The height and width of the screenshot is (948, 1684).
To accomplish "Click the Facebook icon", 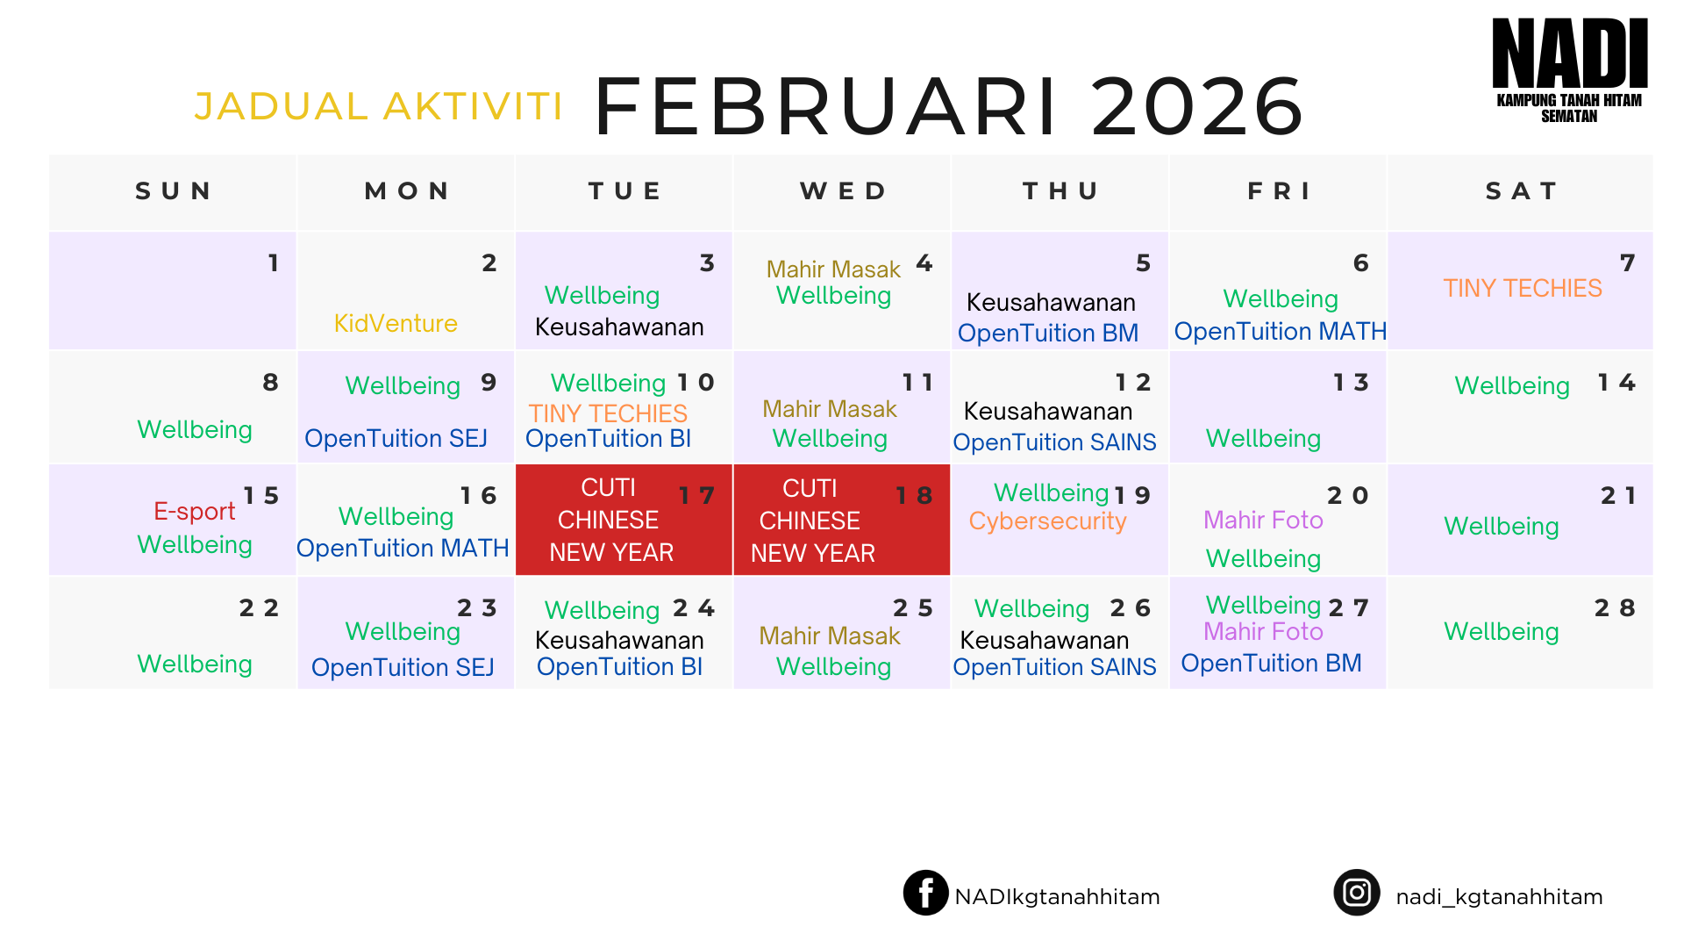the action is [925, 893].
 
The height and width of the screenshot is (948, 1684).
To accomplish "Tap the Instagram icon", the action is [1356, 893].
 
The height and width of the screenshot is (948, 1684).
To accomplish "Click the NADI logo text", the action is [1569, 54].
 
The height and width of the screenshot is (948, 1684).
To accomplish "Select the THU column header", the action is [1060, 191].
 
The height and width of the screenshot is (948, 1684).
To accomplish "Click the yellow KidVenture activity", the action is [396, 323].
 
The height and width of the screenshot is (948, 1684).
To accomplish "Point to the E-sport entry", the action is [194, 511].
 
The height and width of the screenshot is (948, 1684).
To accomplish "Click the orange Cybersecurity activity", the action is [1047, 521].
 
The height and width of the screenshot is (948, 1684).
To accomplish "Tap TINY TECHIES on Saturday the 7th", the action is [1523, 288].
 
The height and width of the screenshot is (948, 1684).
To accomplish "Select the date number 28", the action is [1615, 607].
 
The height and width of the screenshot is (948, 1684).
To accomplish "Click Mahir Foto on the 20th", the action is [1263, 520].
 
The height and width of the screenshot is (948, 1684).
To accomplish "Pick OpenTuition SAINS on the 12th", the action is [1054, 442].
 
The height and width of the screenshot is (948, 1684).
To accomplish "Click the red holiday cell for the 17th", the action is [624, 520].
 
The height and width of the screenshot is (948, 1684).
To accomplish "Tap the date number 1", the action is [274, 262].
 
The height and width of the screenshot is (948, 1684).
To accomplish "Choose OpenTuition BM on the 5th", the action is [1047, 333].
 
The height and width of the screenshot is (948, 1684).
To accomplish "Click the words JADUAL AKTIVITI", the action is [378, 106].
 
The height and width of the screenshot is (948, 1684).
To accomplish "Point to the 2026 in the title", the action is [1197, 106].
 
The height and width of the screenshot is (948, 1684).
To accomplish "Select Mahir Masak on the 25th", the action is [829, 636].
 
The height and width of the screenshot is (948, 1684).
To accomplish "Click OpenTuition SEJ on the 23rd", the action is [403, 667].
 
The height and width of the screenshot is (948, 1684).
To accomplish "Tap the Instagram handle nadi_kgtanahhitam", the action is [1499, 896].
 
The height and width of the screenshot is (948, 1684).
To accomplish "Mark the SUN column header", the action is [173, 191].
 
